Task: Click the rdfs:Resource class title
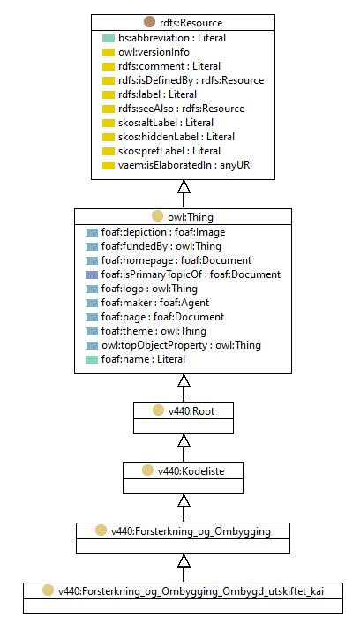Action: click(191, 23)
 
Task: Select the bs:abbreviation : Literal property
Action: click(172, 38)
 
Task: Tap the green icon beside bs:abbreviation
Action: click(109, 38)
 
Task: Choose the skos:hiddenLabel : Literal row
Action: click(176, 137)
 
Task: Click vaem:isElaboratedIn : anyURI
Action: click(185, 165)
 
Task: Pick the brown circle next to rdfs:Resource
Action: click(149, 22)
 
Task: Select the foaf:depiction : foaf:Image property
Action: click(163, 232)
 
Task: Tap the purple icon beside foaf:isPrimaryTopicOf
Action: click(92, 274)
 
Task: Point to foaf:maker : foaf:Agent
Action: click(155, 303)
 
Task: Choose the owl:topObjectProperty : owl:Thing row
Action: click(181, 345)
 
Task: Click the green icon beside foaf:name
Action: click(92, 360)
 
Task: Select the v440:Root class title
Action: click(191, 410)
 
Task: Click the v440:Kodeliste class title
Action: click(191, 470)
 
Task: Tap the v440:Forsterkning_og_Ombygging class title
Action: click(191, 531)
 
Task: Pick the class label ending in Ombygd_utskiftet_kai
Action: click(191, 591)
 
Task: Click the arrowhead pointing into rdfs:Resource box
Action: click(184, 186)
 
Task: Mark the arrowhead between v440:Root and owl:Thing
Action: click(184, 381)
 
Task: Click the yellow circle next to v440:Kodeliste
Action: click(147, 470)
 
